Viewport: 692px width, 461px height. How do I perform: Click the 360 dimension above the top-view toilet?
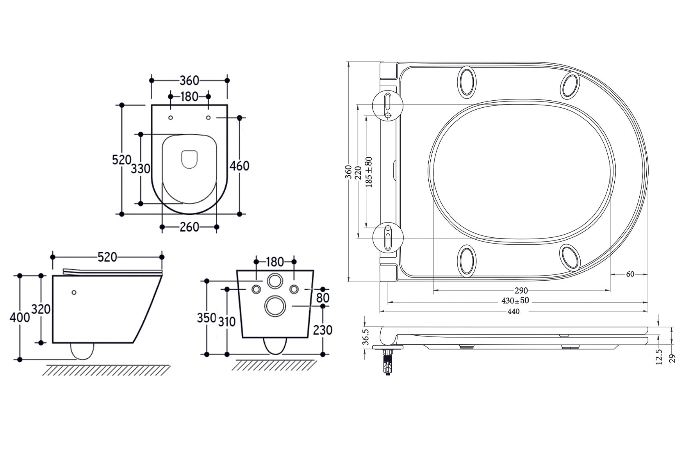[189, 81]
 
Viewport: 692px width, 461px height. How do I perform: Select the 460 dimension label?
[239, 166]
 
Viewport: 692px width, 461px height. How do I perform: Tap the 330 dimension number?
[140, 169]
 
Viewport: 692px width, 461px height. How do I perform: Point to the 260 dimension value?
[189, 227]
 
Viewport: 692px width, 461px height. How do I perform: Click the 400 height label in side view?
[20, 317]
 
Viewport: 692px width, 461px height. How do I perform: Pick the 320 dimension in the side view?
[41, 309]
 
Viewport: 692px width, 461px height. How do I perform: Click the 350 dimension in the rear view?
[206, 318]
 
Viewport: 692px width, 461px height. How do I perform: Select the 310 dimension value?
[227, 322]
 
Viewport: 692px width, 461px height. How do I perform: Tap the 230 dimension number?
[323, 330]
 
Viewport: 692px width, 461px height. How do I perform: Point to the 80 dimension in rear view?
[323, 298]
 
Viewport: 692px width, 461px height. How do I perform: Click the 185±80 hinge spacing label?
[369, 172]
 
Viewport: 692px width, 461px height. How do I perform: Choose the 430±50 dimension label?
[515, 301]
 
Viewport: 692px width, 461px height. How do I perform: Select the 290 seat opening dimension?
[521, 290]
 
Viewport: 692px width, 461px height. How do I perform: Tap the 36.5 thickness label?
[366, 336]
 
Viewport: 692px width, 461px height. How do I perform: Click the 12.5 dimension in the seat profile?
[659, 356]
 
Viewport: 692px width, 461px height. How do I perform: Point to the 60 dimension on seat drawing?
[630, 274]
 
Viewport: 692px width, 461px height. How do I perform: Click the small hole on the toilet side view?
[74, 292]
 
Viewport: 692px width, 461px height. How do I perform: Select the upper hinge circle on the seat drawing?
[387, 105]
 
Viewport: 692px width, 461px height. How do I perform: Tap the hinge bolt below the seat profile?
[387, 362]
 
